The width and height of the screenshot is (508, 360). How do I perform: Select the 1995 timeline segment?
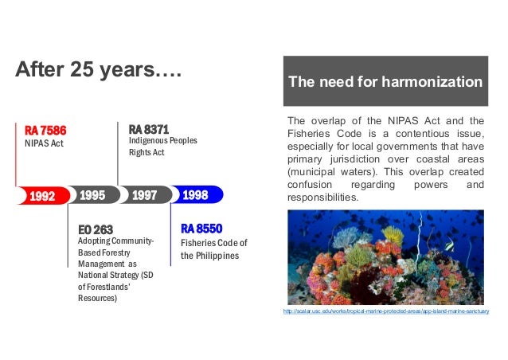[x=93, y=195]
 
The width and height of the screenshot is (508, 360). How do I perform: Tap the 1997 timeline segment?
[x=144, y=195]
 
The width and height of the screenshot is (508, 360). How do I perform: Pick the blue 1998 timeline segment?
[x=196, y=195]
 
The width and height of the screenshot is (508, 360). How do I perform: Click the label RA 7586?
[x=45, y=131]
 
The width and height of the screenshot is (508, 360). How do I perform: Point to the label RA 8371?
[x=148, y=129]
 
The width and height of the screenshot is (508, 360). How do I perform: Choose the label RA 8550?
[x=201, y=229]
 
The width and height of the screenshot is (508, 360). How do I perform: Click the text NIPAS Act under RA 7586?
[x=43, y=144]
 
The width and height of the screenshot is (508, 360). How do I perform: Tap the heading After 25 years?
[x=99, y=72]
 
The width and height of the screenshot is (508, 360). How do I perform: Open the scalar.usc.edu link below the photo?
[x=385, y=311]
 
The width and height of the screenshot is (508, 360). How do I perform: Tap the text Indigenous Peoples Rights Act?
[x=162, y=146]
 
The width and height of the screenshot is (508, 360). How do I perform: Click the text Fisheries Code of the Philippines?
[x=213, y=248]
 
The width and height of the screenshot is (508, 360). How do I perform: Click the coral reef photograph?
[x=385, y=257]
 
